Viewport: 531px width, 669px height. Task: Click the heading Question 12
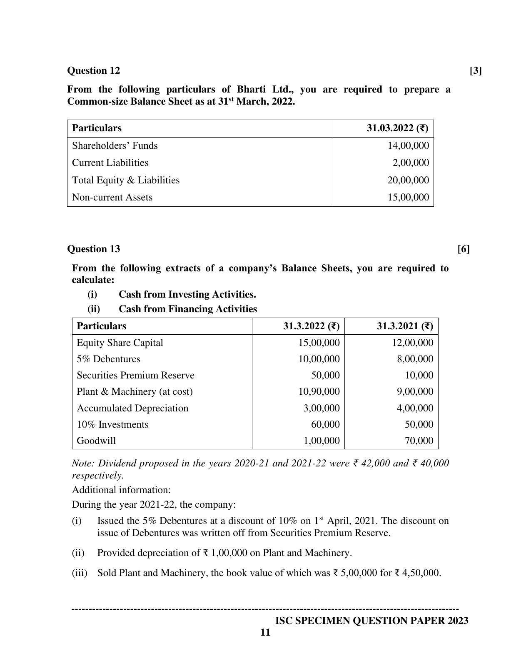[93, 70]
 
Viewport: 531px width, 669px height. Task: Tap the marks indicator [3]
[476, 70]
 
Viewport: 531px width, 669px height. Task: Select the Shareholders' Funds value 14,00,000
[408, 145]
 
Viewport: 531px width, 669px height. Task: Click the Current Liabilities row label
[110, 163]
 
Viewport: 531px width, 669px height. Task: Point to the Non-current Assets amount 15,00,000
[408, 197]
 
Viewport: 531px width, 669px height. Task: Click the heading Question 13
[93, 249]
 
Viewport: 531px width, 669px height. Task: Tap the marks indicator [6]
[463, 249]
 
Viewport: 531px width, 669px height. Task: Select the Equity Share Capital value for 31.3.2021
[412, 343]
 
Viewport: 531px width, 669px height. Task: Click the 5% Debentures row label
[108, 359]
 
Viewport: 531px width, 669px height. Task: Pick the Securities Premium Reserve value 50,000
[325, 375]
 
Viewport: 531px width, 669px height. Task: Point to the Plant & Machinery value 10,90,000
[319, 391]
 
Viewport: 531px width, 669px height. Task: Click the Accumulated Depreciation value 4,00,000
[414, 408]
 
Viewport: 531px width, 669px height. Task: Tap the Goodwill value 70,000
[419, 441]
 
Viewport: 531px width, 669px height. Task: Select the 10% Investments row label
[112, 424]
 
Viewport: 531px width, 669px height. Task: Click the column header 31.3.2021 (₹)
[404, 326]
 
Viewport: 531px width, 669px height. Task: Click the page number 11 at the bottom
[265, 633]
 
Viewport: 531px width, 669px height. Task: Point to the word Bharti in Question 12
[252, 89]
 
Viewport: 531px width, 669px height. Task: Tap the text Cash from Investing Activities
[187, 294]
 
